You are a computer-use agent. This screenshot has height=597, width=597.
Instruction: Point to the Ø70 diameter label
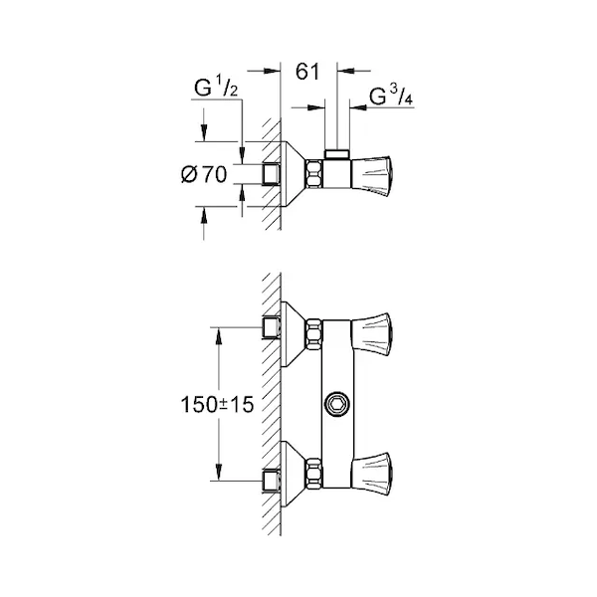point(204,175)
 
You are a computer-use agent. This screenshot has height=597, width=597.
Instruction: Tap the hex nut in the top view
point(314,175)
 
